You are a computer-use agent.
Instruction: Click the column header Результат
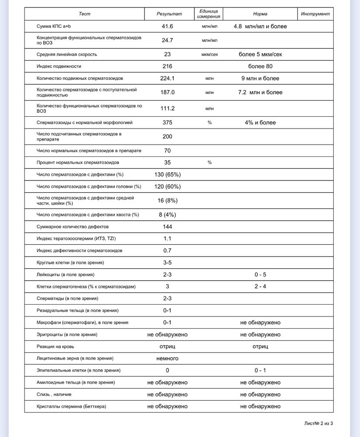click(169, 14)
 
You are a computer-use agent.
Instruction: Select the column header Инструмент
click(315, 14)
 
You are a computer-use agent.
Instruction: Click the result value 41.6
click(168, 27)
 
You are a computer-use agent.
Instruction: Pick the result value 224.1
click(168, 79)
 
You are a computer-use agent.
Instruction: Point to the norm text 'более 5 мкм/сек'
click(260, 55)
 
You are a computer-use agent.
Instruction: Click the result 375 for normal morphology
click(168, 123)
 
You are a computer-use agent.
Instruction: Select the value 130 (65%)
click(168, 175)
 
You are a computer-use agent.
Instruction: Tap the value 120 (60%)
click(168, 187)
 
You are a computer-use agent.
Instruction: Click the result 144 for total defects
click(168, 227)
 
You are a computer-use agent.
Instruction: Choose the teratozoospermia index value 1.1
click(168, 239)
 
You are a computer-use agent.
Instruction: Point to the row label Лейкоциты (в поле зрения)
click(66, 275)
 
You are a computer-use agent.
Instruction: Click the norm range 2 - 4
click(260, 287)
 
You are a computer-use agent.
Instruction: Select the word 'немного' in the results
click(168, 358)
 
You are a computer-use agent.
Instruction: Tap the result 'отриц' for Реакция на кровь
click(168, 347)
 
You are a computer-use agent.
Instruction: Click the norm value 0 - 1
click(260, 371)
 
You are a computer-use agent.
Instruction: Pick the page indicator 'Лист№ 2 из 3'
click(322, 423)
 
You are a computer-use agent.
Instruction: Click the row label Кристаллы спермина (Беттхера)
click(72, 406)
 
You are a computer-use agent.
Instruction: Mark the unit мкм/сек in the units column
click(210, 55)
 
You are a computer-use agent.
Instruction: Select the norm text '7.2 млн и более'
click(260, 93)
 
